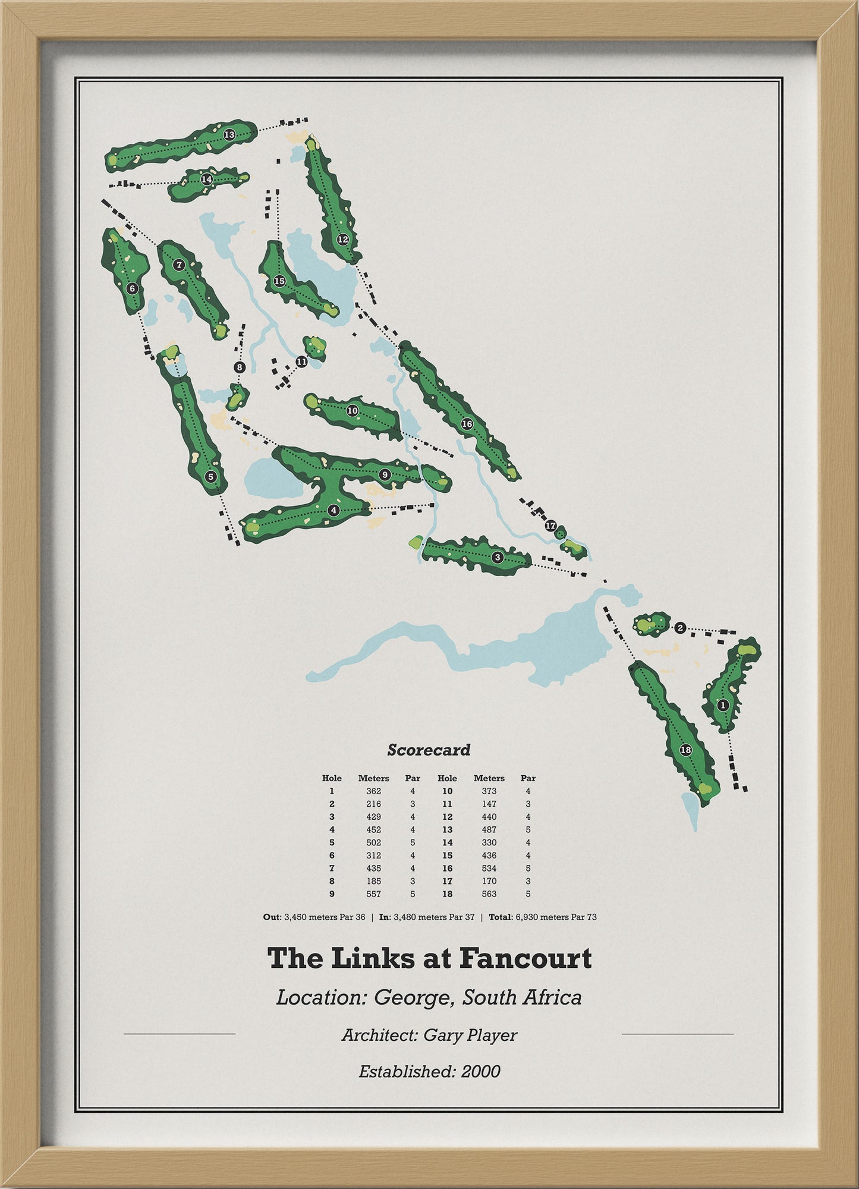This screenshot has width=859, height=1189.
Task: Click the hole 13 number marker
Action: pyautogui.click(x=229, y=135)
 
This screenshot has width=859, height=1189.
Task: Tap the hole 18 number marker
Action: pyautogui.click(x=685, y=750)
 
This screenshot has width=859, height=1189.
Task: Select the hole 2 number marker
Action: pyautogui.click(x=681, y=628)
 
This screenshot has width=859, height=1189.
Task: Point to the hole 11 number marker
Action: pyautogui.click(x=301, y=361)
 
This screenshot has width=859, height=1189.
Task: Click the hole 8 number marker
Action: pyautogui.click(x=240, y=367)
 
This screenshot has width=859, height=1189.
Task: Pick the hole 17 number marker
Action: pyautogui.click(x=550, y=526)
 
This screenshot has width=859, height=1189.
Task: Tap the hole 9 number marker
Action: pyautogui.click(x=385, y=474)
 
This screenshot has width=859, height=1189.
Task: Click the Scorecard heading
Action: pyautogui.click(x=429, y=750)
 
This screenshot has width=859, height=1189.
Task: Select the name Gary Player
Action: pyautogui.click(x=470, y=1035)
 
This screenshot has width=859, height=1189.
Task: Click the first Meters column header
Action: pyautogui.click(x=373, y=778)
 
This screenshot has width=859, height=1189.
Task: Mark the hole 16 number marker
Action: pyautogui.click(x=467, y=424)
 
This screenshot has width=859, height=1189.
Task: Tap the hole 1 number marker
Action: pyautogui.click(x=723, y=705)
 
